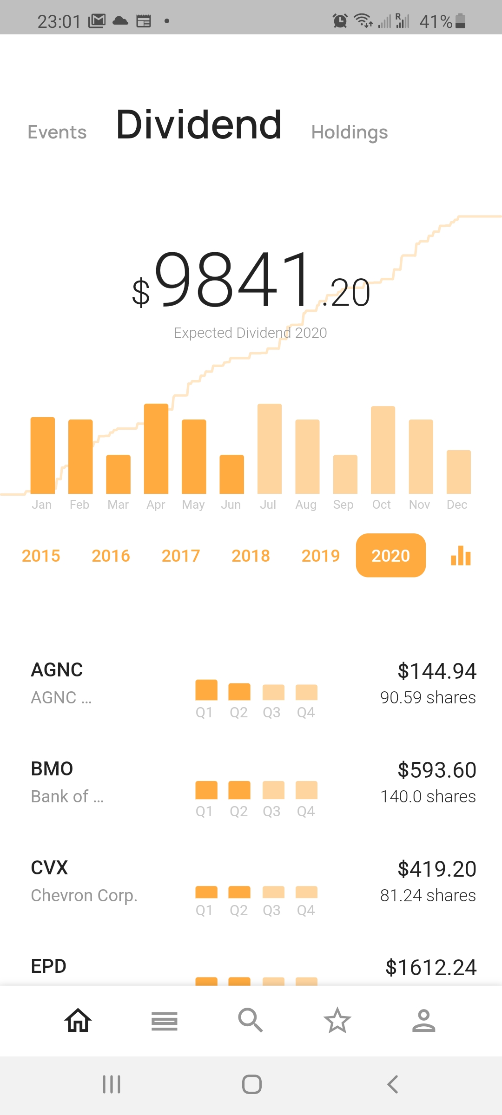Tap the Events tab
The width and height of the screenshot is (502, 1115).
(x=57, y=132)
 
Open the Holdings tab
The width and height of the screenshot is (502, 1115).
(x=350, y=132)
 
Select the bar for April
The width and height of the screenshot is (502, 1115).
(x=156, y=448)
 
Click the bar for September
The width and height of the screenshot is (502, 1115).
(x=345, y=474)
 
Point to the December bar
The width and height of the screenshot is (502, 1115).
(x=458, y=472)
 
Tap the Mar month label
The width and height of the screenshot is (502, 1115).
(x=118, y=505)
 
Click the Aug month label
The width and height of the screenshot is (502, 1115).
(x=306, y=505)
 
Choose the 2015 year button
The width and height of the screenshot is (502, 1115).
(x=41, y=556)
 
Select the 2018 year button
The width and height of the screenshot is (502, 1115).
(x=251, y=556)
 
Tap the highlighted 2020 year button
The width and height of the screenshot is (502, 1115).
(x=390, y=556)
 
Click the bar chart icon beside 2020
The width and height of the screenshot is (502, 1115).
(x=461, y=556)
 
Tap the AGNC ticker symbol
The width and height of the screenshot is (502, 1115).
(x=57, y=670)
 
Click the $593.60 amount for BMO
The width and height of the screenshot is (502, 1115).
(x=437, y=770)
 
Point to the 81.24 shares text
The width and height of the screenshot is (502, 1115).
(x=428, y=895)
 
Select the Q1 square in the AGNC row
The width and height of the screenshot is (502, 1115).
(x=206, y=690)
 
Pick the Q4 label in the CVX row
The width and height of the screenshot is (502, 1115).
(x=306, y=910)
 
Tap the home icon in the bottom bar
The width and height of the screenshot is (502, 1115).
(x=78, y=1020)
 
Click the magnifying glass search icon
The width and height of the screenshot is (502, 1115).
(x=251, y=1020)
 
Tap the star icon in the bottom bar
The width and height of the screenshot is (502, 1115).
(x=337, y=1020)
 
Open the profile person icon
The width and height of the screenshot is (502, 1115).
(x=423, y=1020)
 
